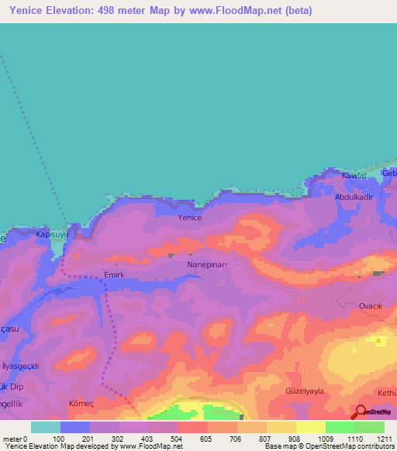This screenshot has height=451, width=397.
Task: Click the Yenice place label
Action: point(190,218)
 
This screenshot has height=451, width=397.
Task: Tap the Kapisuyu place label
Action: point(53,233)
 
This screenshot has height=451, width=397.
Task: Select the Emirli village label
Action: point(114,274)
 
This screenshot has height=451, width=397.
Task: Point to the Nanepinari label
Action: point(205,264)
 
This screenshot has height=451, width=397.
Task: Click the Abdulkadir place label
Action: point(354,197)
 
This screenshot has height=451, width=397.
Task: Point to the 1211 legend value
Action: point(385,439)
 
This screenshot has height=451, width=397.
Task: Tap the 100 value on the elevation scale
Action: point(59,439)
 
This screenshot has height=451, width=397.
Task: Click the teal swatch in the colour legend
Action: point(46,427)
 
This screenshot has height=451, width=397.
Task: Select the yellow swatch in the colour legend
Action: point(311,427)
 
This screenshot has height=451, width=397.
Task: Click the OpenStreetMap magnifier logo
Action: point(361,412)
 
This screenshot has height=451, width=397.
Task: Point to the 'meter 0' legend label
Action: point(15,439)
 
